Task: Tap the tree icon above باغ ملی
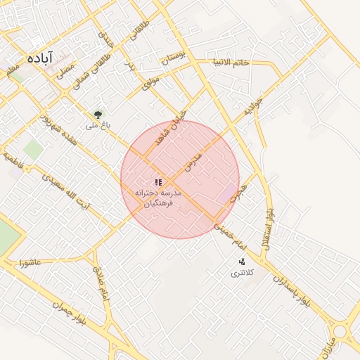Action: pos(98,114)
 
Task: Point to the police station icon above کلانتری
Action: pos(242,262)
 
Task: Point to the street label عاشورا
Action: pos(33,263)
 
